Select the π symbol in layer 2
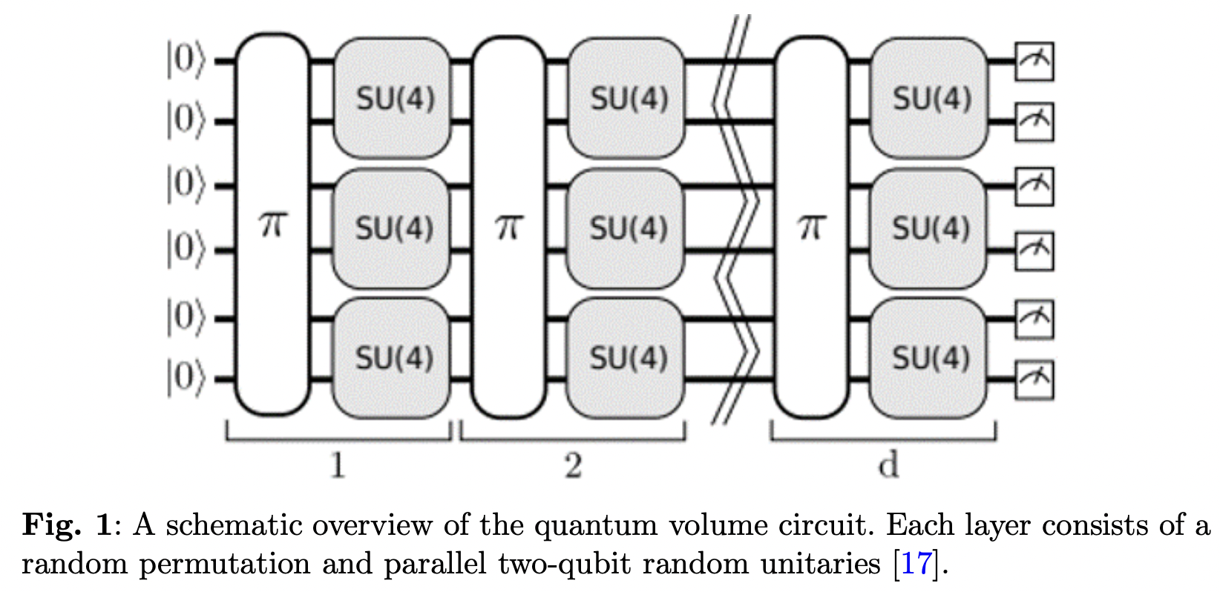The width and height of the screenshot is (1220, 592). coord(509,226)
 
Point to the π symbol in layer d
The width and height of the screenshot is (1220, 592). coord(811,226)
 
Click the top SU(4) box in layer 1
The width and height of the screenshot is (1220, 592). coord(393,98)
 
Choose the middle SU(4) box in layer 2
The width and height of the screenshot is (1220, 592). coord(627,228)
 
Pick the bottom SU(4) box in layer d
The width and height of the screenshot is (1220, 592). coord(930,358)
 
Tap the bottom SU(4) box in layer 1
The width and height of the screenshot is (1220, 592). coord(393,358)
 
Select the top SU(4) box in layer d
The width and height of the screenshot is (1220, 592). coord(930,98)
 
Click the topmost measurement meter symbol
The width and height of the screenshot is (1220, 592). coord(1034,61)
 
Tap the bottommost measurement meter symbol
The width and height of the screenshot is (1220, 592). coord(1034,380)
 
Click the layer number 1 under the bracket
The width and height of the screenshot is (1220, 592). coord(338,466)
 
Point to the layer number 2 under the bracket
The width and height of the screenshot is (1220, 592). coord(572,466)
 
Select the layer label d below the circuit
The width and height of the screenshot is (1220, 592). coord(888,465)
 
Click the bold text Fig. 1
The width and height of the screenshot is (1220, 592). coord(67,525)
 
